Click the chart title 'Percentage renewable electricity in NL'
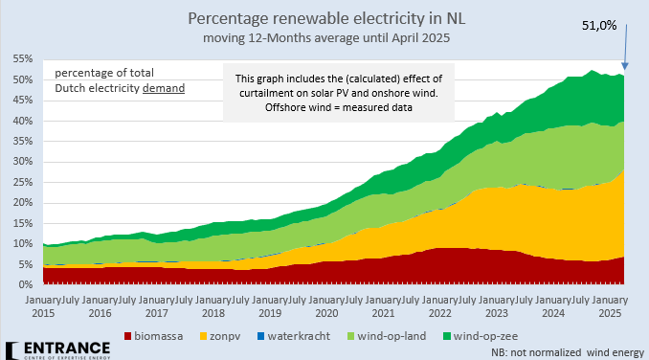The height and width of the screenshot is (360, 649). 324,19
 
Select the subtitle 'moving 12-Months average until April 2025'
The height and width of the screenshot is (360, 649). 325,38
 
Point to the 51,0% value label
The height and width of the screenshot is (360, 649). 598,25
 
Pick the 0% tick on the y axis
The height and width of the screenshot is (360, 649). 25,284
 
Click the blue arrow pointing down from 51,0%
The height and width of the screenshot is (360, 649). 623,48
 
